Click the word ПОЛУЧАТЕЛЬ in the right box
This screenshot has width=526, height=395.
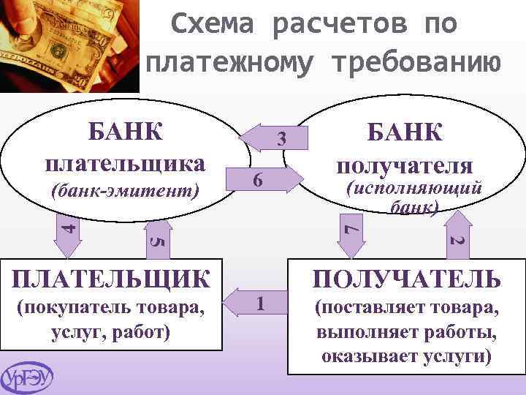pyautogui.click(x=407, y=279)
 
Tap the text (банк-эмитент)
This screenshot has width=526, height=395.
pyautogui.click(x=126, y=191)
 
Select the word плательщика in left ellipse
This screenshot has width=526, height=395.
pyautogui.click(x=125, y=160)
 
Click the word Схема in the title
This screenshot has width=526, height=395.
pyautogui.click(x=213, y=24)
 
